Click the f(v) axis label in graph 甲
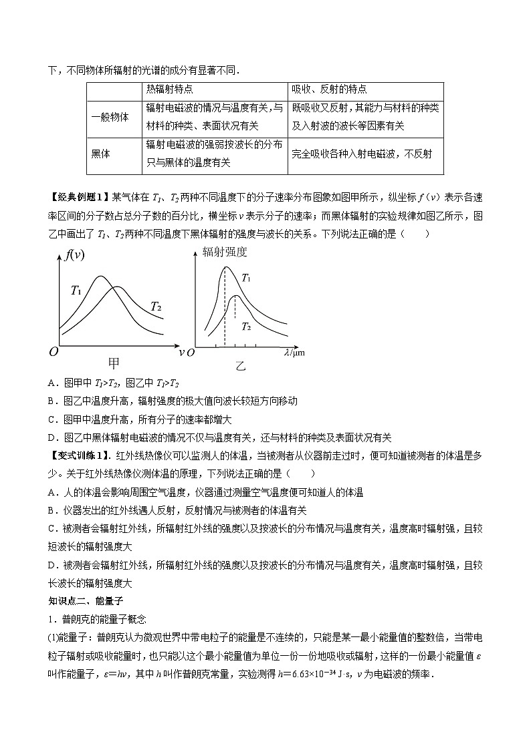(75, 254)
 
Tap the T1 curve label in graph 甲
(76, 290)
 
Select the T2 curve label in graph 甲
(156, 307)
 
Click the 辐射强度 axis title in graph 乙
(225, 252)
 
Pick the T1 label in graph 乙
(247, 278)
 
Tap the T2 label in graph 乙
(246, 326)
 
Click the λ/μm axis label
(294, 353)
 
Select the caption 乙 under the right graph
(240, 365)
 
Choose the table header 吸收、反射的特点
(329, 89)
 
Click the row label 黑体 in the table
(100, 153)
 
